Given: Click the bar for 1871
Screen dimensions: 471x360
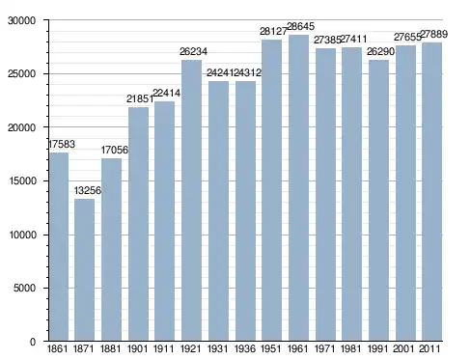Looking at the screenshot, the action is click(85, 270).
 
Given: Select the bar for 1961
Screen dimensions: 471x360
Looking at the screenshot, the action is click(298, 188).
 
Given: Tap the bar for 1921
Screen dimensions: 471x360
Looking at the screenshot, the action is click(191, 201).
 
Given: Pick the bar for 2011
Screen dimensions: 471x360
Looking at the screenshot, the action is click(432, 192).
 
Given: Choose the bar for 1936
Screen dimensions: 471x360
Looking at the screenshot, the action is click(245, 211).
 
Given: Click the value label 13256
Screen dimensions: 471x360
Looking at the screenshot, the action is click(88, 190).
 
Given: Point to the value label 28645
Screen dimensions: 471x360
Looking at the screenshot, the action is click(300, 26).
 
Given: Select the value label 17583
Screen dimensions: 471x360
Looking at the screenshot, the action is click(62, 144).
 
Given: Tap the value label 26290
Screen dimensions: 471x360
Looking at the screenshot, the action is click(380, 51).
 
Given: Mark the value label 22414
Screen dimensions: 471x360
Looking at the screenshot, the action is click(166, 93).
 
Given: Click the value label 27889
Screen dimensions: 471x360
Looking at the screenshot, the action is click(434, 34).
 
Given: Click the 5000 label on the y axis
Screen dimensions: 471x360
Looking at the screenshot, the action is click(24, 288).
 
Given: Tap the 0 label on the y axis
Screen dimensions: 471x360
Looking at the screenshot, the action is click(33, 342).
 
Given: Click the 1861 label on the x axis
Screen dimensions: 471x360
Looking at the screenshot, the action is click(57, 348).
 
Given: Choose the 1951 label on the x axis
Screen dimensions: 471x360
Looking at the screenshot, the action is click(271, 348).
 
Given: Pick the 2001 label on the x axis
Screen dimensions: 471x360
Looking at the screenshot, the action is click(403, 348).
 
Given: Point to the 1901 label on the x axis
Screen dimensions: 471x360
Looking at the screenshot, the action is click(137, 348).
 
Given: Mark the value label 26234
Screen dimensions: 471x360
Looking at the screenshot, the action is click(193, 51).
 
